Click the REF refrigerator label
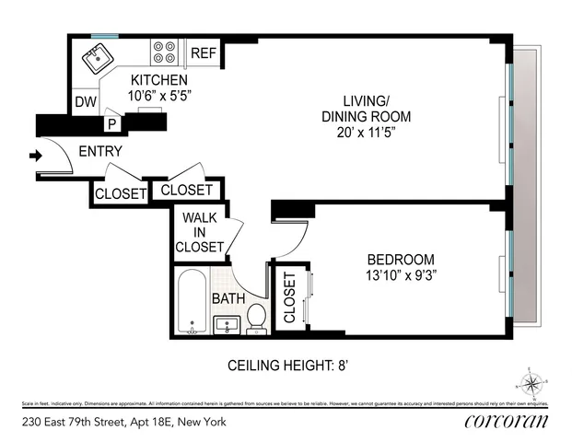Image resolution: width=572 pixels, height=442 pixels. (x=203, y=53)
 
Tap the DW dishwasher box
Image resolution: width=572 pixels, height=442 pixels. (x=86, y=101)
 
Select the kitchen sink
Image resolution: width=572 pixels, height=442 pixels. (x=96, y=59)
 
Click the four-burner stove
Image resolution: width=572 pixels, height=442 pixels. (x=166, y=52)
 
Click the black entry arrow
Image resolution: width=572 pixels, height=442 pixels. (x=37, y=156)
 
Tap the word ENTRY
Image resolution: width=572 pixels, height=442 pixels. (x=101, y=152)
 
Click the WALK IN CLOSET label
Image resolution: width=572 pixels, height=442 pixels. (x=202, y=232)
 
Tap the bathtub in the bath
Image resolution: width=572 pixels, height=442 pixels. (x=192, y=302)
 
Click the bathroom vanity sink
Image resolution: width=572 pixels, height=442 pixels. (x=228, y=323)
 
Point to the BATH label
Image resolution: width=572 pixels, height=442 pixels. (x=228, y=299)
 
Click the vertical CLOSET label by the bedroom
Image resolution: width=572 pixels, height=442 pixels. (x=289, y=299)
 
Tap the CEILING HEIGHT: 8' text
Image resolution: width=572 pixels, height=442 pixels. (x=286, y=366)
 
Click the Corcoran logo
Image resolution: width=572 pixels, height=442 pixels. (x=506, y=423)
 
